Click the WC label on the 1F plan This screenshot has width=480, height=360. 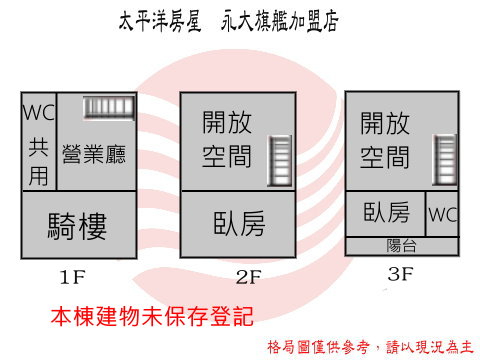(x=39, y=112)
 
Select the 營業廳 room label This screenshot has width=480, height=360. (x=94, y=154)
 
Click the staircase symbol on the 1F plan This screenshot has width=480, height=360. (x=109, y=107)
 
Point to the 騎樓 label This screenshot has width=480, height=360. (x=77, y=226)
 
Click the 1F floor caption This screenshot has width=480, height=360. (x=72, y=277)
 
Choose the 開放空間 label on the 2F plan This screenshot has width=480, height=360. (x=227, y=139)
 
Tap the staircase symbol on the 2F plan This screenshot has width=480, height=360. (x=280, y=161)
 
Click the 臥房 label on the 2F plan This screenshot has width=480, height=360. (x=239, y=223)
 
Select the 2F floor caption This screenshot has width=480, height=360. (x=249, y=277)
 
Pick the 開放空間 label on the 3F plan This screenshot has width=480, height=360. (x=385, y=140)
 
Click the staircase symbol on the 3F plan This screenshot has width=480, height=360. (x=445, y=160)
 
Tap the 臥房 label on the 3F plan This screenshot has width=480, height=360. (x=386, y=212)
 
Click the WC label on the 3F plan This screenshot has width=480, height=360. (x=443, y=214)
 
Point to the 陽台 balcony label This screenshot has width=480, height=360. (x=401, y=246)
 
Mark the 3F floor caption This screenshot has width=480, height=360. (x=400, y=274)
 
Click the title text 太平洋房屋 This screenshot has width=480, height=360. (x=160, y=21)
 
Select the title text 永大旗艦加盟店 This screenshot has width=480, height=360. (x=280, y=21)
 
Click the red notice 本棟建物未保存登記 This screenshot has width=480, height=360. (x=152, y=316)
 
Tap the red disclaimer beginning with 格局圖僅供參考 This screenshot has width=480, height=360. (x=370, y=347)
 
